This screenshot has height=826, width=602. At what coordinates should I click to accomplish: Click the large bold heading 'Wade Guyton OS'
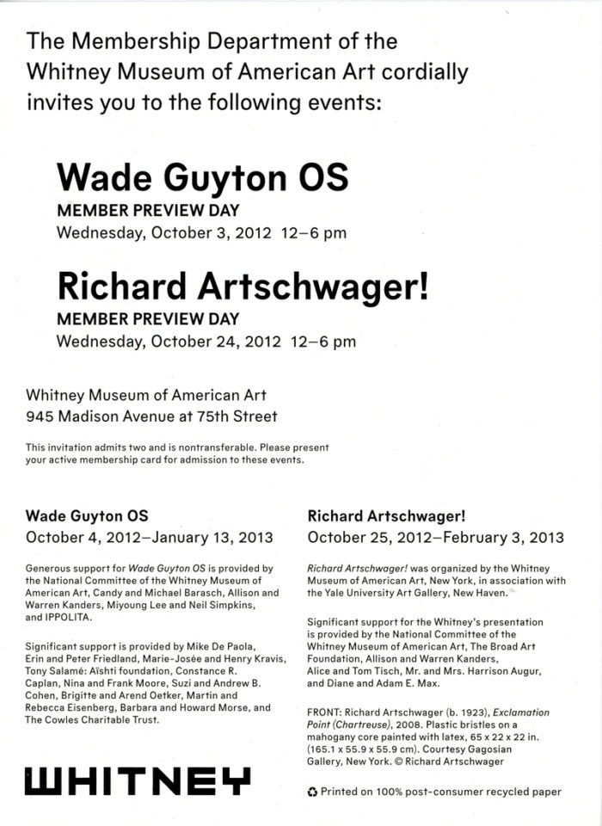coord(202,178)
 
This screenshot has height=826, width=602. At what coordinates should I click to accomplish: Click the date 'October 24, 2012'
coord(216,341)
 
